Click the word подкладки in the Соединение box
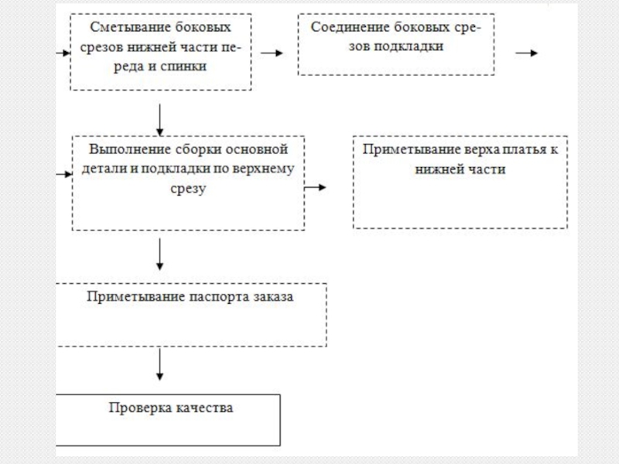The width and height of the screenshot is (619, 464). coord(409,46)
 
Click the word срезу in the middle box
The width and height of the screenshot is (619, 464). coord(188,188)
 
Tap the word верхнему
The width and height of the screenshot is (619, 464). coord(263,169)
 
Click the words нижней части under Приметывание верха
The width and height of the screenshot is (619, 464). coord(460,169)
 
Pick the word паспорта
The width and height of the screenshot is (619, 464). coord(219,297)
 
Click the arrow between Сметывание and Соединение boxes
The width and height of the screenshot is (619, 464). coord(272,53)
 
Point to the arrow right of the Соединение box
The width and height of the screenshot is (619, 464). coord(527,53)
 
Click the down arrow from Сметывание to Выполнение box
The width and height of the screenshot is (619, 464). coord(159,120)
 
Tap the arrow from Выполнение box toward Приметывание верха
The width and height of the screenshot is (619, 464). coord(315,187)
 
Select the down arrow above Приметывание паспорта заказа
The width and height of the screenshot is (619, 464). coord(159,254)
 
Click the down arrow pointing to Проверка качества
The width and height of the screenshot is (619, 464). coord(159,363)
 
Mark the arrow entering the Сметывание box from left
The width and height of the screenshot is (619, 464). coord(63,53)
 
